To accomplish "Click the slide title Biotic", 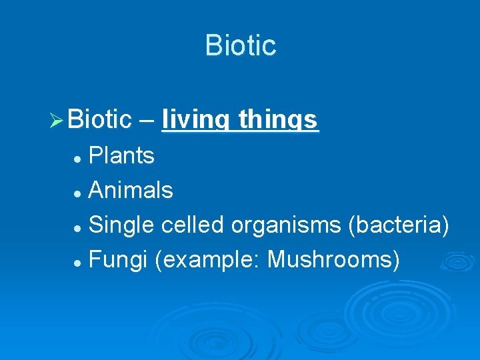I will coord(240,45).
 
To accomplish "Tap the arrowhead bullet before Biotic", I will coord(56,121).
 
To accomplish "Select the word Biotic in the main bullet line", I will coord(100,120).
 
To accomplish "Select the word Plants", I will coord(121,156).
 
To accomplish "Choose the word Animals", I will coord(131,191).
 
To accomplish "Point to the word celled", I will coord(193,226).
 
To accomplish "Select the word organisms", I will coord(287,226).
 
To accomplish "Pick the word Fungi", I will coord(117,261).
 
